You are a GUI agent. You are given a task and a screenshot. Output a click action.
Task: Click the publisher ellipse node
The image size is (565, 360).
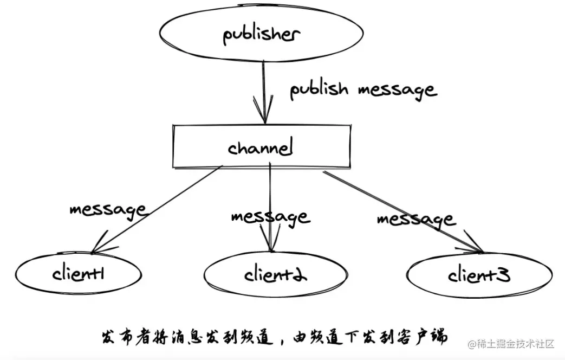click(262, 34)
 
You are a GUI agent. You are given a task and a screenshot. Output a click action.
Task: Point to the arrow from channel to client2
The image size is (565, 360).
click(270, 190)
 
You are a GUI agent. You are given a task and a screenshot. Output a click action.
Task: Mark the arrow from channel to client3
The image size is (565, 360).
click(401, 211)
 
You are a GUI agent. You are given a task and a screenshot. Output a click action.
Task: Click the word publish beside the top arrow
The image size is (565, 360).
click(319, 89)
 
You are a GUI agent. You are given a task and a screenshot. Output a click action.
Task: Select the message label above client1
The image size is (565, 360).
click(107, 210)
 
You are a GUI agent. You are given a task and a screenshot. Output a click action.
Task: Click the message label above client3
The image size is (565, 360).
click(416, 220)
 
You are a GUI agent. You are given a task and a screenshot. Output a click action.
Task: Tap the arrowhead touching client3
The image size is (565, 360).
click(477, 249)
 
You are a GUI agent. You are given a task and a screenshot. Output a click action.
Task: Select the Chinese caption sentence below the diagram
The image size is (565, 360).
click(275, 336)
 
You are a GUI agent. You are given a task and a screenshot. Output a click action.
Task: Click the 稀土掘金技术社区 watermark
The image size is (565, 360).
click(512, 344)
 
